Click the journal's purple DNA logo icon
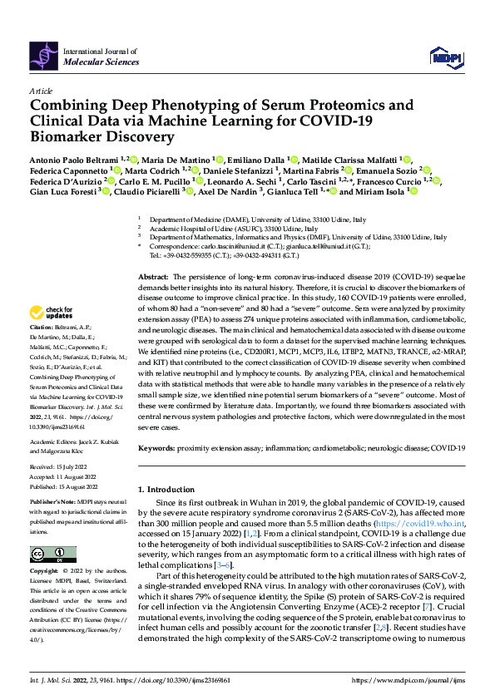44,56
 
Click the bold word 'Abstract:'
153,275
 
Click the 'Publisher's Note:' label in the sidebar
52,505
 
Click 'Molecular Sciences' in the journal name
97,62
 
